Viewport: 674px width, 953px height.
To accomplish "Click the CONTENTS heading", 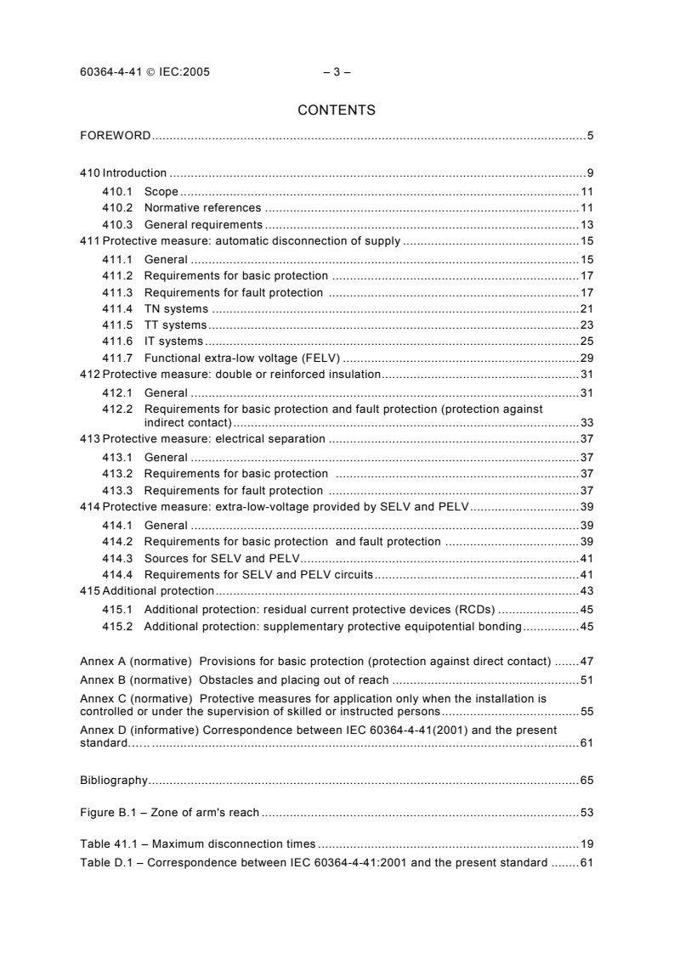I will (x=337, y=110).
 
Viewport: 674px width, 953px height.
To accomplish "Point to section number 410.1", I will (x=116, y=192).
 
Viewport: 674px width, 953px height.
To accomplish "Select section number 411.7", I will (x=116, y=358).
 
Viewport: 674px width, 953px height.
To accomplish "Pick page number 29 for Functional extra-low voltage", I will (x=586, y=358).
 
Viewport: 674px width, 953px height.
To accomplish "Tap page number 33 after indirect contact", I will (x=586, y=422).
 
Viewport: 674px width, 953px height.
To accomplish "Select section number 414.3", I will (x=116, y=558).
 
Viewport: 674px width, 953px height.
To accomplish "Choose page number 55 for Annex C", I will (x=586, y=711).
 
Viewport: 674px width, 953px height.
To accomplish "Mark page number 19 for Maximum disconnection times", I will (x=586, y=845).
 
